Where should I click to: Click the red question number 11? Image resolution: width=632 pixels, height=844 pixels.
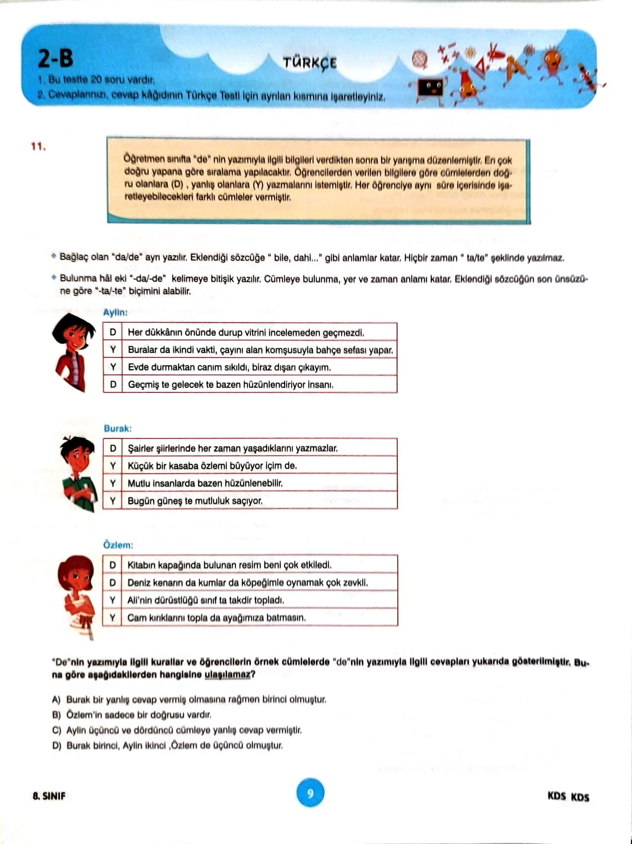point(38,146)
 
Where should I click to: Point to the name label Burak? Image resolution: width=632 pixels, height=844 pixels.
point(117,428)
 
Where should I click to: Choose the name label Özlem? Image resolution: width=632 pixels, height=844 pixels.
point(118,545)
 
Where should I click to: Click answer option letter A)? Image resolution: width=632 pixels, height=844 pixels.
point(57,699)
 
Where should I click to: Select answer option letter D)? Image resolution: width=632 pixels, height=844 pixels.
point(57,745)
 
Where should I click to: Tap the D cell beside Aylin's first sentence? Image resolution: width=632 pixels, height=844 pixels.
point(113,332)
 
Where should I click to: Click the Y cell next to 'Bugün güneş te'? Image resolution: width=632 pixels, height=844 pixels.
point(113,501)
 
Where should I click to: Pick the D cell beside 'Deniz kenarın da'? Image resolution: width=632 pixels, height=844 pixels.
point(113,582)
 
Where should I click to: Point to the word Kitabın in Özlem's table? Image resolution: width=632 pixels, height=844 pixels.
point(141,565)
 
